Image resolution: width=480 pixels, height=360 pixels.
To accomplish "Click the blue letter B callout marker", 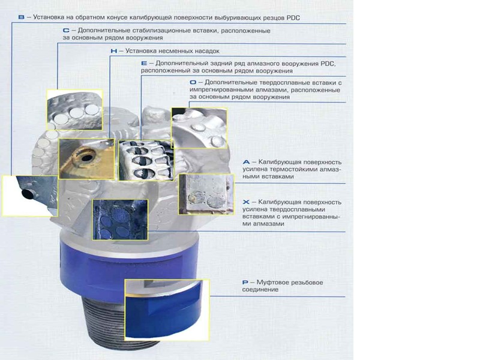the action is tap(21, 17).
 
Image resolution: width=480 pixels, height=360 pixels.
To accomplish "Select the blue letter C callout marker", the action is tap(66, 31).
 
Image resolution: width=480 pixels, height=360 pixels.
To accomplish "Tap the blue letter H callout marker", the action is tap(114, 51).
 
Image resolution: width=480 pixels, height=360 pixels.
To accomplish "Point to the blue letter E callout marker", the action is tap(144, 64).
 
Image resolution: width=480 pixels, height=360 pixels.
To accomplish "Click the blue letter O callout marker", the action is tap(193, 82).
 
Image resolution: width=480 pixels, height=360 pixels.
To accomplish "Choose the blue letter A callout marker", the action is tap(246, 162).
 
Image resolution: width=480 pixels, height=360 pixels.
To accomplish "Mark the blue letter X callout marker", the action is tap(246, 202).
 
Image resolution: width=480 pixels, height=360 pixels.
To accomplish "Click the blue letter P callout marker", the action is tap(245, 282).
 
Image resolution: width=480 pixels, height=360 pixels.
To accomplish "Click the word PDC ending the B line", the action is tap(293, 17).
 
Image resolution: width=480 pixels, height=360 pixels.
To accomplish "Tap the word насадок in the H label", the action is tap(204, 51).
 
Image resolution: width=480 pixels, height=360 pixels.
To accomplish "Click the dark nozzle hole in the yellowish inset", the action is tap(87, 158).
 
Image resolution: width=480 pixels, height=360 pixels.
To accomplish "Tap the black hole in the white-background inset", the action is tap(28, 193).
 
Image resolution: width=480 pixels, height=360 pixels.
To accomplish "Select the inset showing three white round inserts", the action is tap(74, 110).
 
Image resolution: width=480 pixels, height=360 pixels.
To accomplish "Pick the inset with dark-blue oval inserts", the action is tap(121, 219).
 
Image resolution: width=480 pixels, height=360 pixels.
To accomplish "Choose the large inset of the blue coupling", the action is tap(167, 310).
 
